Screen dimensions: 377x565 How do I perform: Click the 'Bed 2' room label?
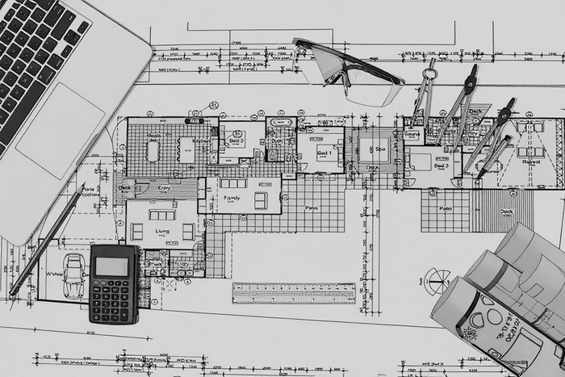click(x=236, y=140)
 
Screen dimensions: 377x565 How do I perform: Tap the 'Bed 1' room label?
click(x=324, y=153)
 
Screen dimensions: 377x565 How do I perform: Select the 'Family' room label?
click(x=232, y=197)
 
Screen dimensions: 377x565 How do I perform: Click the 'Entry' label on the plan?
click(x=164, y=188)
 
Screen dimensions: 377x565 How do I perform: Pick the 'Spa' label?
click(x=379, y=149)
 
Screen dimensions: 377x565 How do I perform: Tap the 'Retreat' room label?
click(x=531, y=161)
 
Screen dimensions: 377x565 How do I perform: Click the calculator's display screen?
click(x=112, y=266)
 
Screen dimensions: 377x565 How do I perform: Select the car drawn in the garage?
click(x=74, y=275)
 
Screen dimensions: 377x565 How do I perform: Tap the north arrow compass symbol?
click(x=437, y=282)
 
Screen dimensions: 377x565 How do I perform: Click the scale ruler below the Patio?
click(x=294, y=293)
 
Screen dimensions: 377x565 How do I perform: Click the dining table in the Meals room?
click(x=153, y=150)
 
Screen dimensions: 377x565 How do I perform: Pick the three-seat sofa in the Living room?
click(x=161, y=215)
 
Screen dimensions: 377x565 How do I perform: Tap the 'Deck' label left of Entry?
click(x=125, y=188)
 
